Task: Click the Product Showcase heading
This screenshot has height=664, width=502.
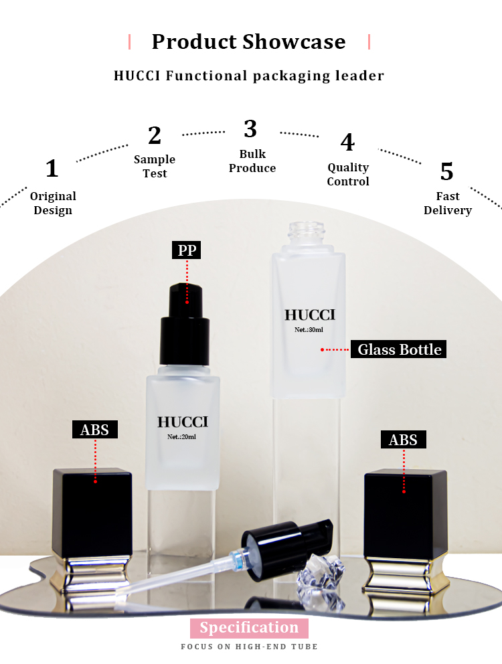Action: tap(249, 41)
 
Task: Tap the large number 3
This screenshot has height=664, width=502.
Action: tap(250, 129)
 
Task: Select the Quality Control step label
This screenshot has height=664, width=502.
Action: tap(348, 174)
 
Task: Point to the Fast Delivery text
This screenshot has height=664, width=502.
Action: tap(448, 203)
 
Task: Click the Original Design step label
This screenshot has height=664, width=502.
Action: tap(53, 203)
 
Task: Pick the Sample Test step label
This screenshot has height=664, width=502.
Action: tap(155, 166)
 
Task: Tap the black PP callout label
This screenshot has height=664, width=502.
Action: tap(186, 250)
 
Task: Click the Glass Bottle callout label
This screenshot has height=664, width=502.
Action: tap(399, 349)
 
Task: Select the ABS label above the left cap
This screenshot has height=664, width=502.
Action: tap(95, 430)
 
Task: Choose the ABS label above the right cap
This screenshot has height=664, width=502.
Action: tap(404, 440)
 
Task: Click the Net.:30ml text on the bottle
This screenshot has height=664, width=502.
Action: tap(309, 329)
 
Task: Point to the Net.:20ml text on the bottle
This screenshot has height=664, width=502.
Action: tap(182, 436)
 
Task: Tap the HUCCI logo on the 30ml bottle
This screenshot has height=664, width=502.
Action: tap(310, 315)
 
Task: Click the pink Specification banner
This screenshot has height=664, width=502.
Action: tap(249, 628)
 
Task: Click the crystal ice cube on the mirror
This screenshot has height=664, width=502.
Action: tap(320, 574)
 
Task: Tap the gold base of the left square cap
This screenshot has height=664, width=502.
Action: tap(92, 573)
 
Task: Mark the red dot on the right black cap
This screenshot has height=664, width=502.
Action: tap(404, 492)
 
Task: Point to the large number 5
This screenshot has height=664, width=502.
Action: tap(447, 172)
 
